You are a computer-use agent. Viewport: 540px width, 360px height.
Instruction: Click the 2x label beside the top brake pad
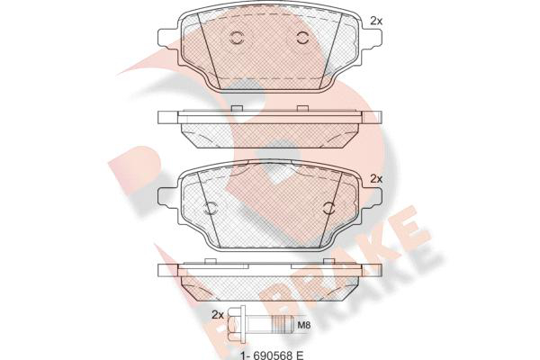(x=376, y=21)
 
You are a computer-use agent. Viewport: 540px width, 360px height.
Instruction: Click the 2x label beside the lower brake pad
(x=376, y=179)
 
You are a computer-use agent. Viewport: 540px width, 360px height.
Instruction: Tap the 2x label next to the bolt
(x=218, y=314)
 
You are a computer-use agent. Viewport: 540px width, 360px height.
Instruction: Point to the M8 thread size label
(x=304, y=325)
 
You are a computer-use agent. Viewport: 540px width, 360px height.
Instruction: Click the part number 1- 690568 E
(x=272, y=355)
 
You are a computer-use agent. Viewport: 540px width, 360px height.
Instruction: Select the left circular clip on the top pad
(x=237, y=38)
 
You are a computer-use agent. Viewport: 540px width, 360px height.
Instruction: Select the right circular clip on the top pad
(x=302, y=38)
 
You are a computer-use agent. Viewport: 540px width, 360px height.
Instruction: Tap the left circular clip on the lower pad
(x=210, y=207)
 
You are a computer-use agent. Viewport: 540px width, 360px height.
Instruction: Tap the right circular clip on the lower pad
(x=329, y=207)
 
